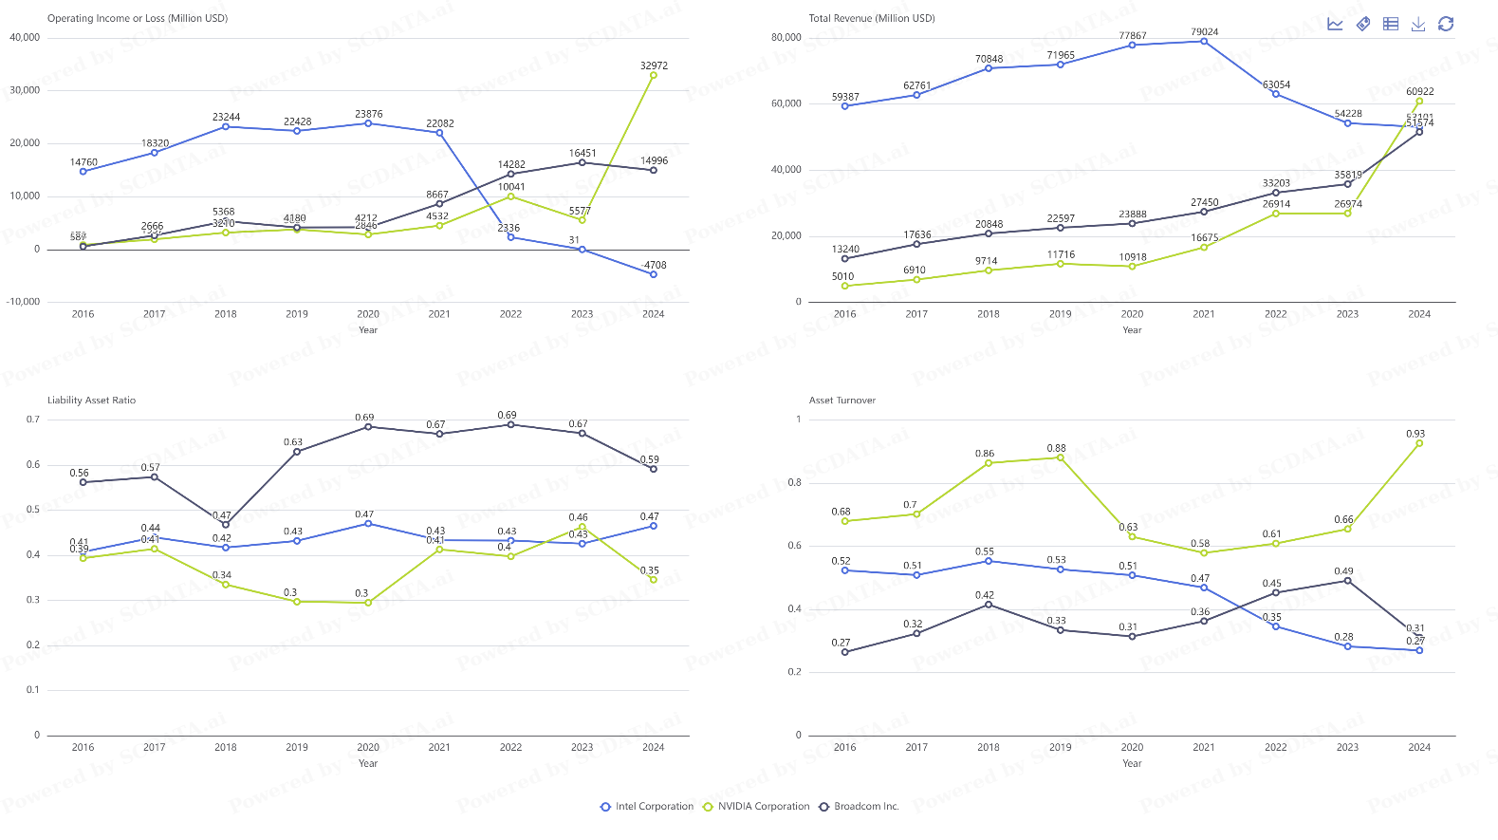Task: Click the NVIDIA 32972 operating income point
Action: click(654, 75)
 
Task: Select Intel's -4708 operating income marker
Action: click(654, 274)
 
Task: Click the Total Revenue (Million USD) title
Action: click(871, 18)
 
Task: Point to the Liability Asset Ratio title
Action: click(91, 401)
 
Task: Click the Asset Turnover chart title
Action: click(841, 401)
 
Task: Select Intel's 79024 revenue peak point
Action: click(1204, 42)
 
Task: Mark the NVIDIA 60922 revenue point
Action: click(1419, 102)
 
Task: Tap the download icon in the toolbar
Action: click(1418, 24)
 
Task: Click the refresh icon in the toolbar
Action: click(1446, 24)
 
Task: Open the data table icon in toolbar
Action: click(1391, 24)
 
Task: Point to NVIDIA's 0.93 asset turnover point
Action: click(1419, 443)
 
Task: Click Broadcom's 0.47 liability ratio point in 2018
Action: click(226, 525)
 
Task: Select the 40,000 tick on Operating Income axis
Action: click(25, 38)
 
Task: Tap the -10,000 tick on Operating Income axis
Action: click(24, 302)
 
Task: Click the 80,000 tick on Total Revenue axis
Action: click(786, 38)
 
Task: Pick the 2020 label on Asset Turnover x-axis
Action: click(1132, 748)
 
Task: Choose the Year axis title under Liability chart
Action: click(368, 764)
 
